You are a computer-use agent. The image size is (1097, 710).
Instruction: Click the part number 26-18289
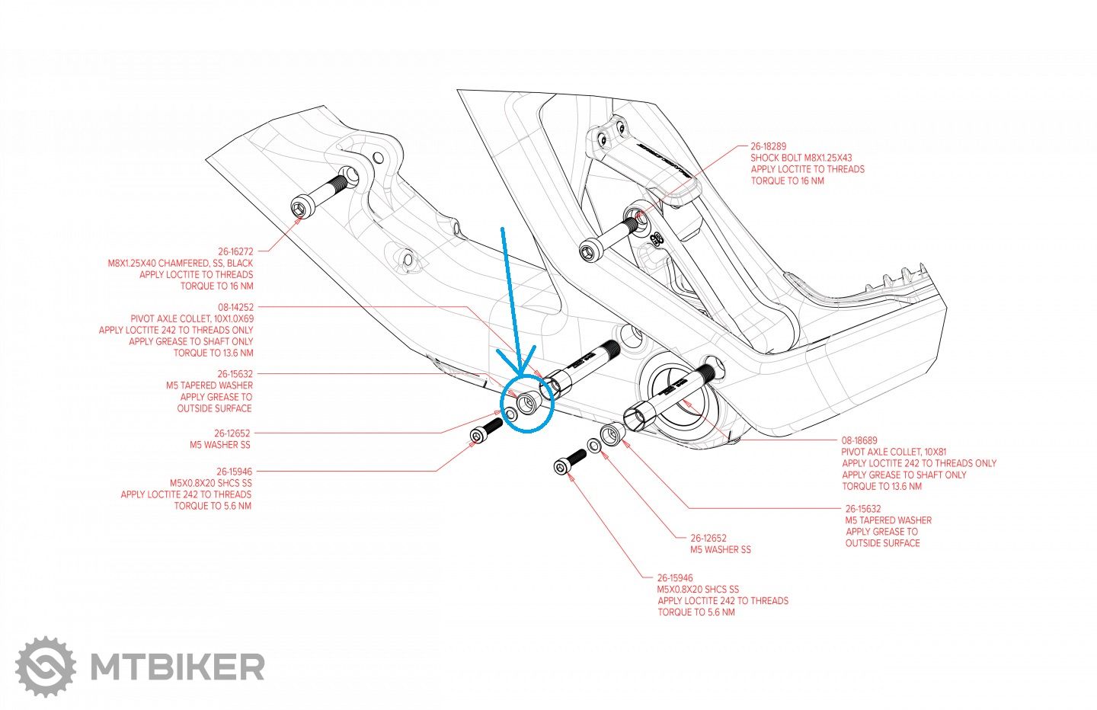click(x=768, y=146)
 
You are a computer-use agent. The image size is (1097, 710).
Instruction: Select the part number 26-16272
click(x=235, y=251)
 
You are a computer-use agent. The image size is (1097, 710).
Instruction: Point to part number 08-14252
click(x=235, y=307)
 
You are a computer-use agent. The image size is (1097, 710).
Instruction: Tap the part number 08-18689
click(x=859, y=440)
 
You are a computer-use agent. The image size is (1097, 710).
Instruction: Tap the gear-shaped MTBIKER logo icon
click(x=46, y=667)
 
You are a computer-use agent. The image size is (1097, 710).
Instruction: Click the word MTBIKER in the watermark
click(x=177, y=667)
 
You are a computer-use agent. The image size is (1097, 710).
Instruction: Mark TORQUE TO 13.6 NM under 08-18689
click(x=881, y=486)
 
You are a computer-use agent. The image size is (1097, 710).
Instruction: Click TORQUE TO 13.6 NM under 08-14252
click(x=213, y=353)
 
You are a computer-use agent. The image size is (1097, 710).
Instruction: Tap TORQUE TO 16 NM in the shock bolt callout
click(x=787, y=181)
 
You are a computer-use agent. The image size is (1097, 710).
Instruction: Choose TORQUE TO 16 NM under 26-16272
click(x=216, y=286)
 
